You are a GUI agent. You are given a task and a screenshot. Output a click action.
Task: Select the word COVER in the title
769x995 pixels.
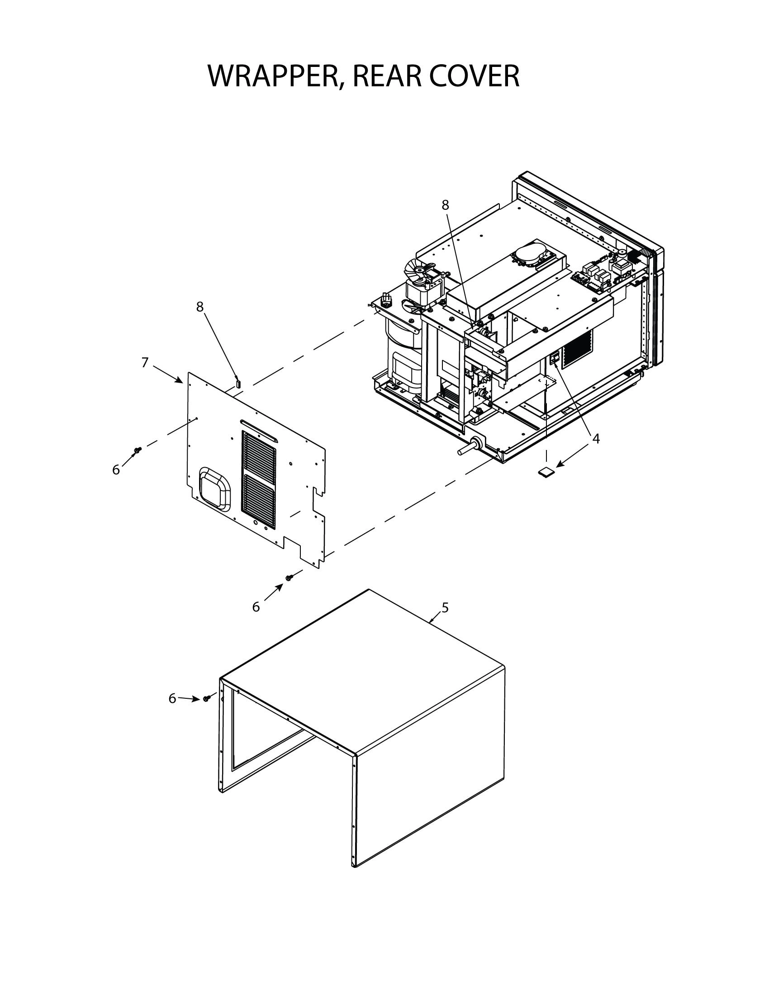[474, 76]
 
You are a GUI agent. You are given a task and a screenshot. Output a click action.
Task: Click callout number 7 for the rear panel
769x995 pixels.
[145, 363]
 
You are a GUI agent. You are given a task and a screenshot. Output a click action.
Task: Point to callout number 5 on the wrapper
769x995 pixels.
[445, 607]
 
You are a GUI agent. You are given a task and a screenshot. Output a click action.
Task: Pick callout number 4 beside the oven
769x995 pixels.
[596, 439]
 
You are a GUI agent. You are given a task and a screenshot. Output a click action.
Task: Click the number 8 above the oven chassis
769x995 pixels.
[446, 205]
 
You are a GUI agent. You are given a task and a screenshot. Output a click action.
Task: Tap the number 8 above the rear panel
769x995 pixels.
[199, 307]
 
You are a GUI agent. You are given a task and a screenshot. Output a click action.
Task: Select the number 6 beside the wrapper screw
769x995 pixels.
[172, 698]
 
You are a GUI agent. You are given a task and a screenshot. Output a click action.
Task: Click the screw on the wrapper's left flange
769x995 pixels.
[206, 698]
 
